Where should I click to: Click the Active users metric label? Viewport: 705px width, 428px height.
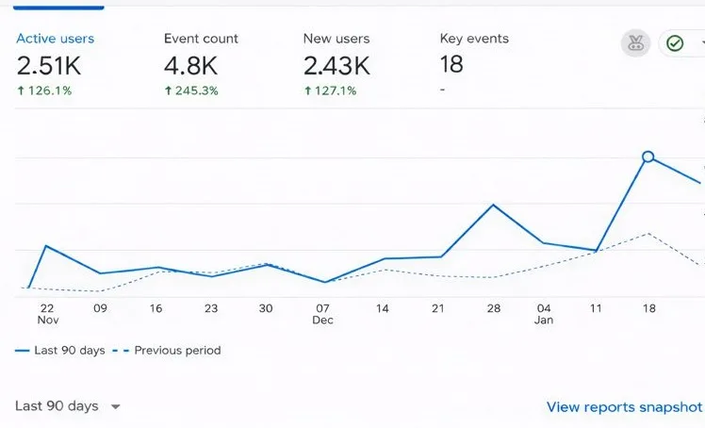click(x=55, y=39)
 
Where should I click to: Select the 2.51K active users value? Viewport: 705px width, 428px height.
click(x=50, y=65)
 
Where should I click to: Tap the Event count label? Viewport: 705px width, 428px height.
click(x=201, y=39)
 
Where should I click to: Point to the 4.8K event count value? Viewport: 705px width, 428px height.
click(x=190, y=65)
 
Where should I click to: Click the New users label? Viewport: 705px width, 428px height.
click(x=336, y=39)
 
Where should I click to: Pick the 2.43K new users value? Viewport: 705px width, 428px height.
click(x=336, y=65)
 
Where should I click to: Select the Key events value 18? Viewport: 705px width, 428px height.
click(x=451, y=64)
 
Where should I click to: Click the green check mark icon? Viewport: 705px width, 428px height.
click(x=675, y=43)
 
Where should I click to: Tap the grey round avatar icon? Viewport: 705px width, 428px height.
click(x=635, y=43)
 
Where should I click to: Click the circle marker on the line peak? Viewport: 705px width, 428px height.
click(x=648, y=156)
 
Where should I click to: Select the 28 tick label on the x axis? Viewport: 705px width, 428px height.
click(x=493, y=308)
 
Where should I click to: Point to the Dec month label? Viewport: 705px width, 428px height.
click(x=323, y=321)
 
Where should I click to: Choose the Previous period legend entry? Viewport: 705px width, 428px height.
click(x=177, y=351)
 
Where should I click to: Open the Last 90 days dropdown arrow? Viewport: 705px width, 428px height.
click(x=116, y=407)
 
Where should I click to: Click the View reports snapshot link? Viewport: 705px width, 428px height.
click(x=624, y=407)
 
